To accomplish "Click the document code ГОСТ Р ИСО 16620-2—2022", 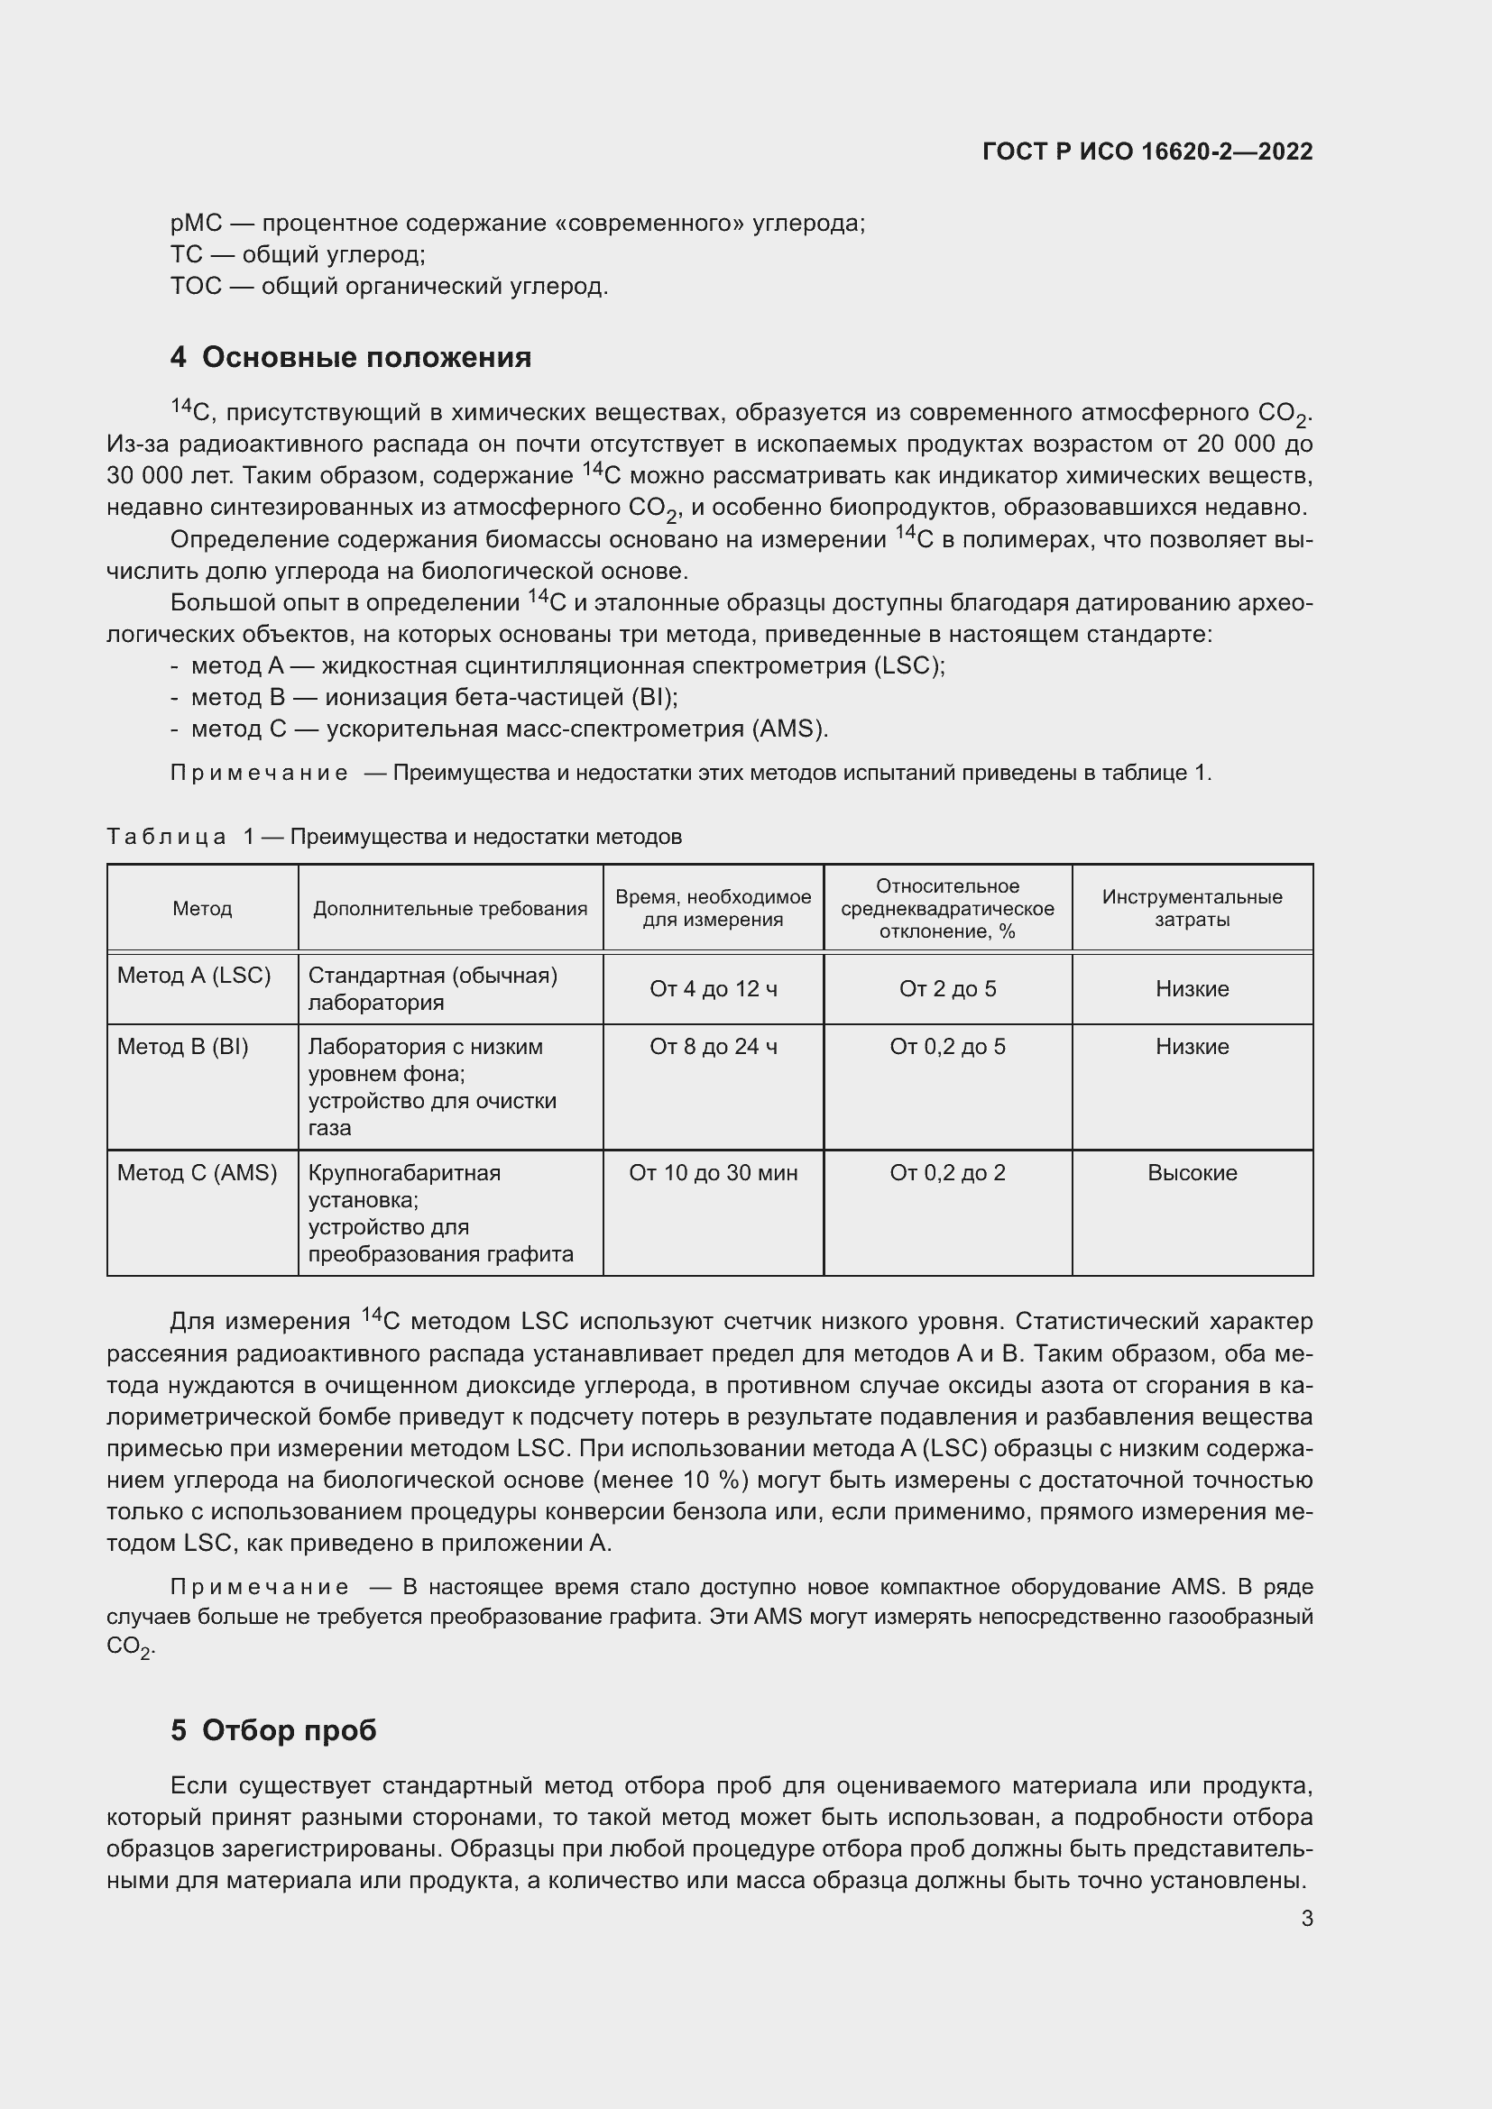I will tap(1147, 151).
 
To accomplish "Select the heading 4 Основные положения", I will tap(350, 357).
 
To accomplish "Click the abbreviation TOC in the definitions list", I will tap(196, 287).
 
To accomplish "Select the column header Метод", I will tap(202, 909).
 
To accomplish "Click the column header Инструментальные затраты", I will tap(1192, 908).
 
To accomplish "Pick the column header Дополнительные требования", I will tap(450, 909).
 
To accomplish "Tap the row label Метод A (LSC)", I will tap(194, 976).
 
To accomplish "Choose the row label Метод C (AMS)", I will tap(197, 1173).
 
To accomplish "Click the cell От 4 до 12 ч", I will tap(713, 989).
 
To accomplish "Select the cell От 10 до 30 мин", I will tap(713, 1173).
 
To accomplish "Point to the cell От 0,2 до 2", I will tap(947, 1173).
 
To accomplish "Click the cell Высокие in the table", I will tap(1192, 1173).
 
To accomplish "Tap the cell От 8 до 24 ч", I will tap(713, 1047).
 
